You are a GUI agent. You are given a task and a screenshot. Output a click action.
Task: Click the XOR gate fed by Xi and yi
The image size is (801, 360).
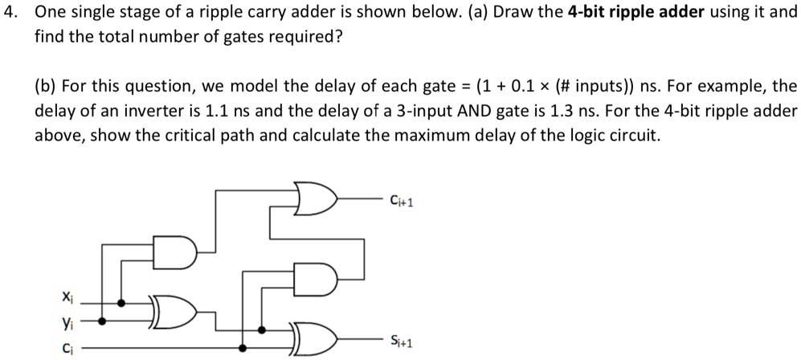pyautogui.click(x=174, y=312)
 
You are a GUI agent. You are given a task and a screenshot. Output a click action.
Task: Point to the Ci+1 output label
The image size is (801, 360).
pyautogui.click(x=400, y=201)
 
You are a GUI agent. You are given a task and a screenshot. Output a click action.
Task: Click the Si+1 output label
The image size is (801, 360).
pyautogui.click(x=400, y=341)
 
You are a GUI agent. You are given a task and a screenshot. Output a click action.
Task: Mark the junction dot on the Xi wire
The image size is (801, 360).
pyautogui.click(x=121, y=303)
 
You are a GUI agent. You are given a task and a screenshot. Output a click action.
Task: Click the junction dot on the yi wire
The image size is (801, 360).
pyautogui.click(x=102, y=321)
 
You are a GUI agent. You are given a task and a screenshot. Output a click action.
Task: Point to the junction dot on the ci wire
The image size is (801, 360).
pyautogui.click(x=243, y=348)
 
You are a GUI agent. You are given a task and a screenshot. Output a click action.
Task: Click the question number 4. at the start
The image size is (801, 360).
pyautogui.click(x=12, y=12)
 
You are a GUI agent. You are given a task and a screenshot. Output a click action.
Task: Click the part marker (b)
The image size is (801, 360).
pyautogui.click(x=46, y=87)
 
